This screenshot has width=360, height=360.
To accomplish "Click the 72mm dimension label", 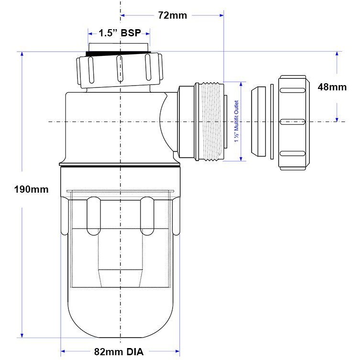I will [x=172, y=15].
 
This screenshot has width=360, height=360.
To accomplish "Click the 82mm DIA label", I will [x=119, y=352].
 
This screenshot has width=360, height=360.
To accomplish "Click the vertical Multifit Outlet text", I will [x=236, y=121].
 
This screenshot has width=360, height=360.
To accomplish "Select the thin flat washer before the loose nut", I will [x=272, y=122].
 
